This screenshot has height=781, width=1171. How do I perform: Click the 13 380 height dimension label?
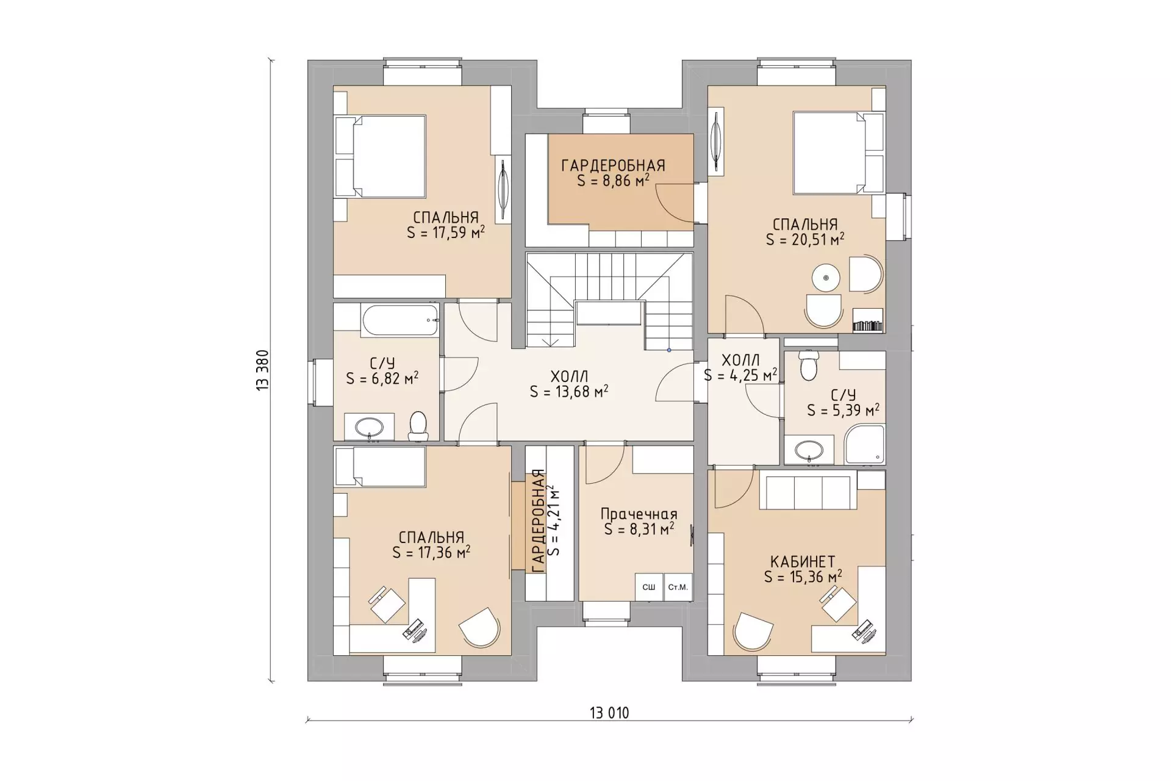click(263, 370)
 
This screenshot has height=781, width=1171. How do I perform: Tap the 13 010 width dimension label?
click(609, 713)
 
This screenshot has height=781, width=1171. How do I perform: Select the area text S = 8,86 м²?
click(613, 181)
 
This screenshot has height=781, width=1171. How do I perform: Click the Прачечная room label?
click(639, 514)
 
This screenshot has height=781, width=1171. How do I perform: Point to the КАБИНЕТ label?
click(803, 561)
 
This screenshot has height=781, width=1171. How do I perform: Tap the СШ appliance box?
click(649, 587)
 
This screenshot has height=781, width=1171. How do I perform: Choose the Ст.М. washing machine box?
click(678, 587)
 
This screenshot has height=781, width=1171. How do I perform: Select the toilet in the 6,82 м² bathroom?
click(418, 425)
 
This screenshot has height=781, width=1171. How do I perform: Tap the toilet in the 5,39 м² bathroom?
click(808, 365)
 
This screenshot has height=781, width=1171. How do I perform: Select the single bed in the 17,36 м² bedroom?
click(379, 467)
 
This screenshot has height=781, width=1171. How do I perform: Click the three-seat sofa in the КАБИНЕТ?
click(806, 492)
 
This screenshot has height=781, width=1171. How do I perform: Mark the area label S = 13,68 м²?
click(569, 391)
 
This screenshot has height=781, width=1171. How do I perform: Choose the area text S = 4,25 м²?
click(740, 375)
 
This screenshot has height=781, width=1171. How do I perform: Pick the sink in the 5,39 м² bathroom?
click(809, 450)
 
